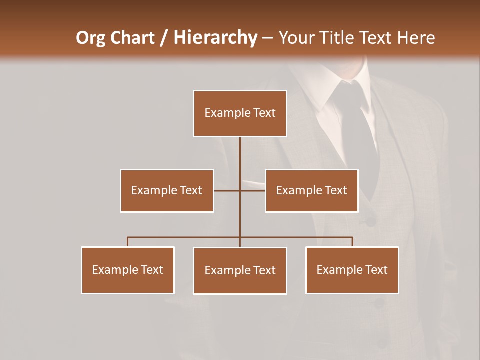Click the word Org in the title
click(91, 38)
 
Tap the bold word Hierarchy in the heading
click(215, 38)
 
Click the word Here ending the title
click(416, 38)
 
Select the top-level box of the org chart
click(240, 113)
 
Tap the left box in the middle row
click(167, 190)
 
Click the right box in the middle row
click(311, 190)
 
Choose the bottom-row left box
click(128, 270)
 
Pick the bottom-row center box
click(240, 270)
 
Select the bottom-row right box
click(352, 270)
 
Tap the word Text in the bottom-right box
click(376, 270)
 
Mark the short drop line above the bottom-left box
click(128, 242)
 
